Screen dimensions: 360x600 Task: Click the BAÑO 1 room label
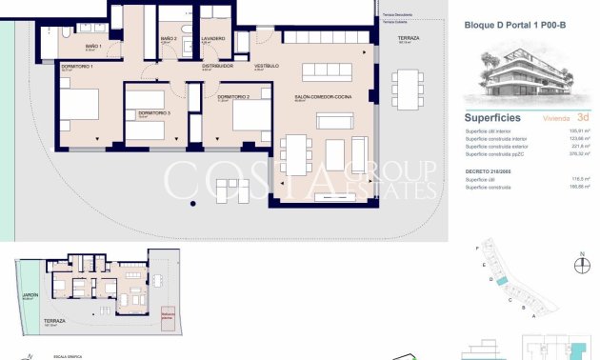coord(92,46)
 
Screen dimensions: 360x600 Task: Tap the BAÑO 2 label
coord(168,39)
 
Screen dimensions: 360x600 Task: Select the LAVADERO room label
coord(212,39)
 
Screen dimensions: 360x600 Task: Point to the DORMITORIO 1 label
coord(76,67)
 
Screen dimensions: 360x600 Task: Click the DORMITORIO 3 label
coord(153,113)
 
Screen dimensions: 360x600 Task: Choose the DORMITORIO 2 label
coord(233,97)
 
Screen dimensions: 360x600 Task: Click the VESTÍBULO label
coord(266,66)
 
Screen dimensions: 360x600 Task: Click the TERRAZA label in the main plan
coord(409,38)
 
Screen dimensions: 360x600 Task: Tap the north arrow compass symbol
coord(581,266)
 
